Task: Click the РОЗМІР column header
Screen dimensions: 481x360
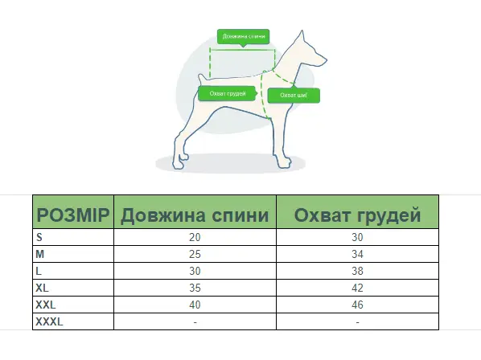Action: pyautogui.click(x=73, y=215)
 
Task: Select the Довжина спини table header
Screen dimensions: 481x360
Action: pyautogui.click(x=195, y=215)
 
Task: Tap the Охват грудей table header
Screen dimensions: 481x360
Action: pyautogui.click(x=357, y=215)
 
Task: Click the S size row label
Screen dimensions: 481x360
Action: pyautogui.click(x=39, y=237)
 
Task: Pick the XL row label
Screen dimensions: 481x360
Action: pyautogui.click(x=42, y=288)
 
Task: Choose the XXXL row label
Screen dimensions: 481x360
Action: pyautogui.click(x=49, y=321)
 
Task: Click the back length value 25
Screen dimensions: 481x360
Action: pyautogui.click(x=195, y=254)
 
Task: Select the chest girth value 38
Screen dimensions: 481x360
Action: pyautogui.click(x=357, y=271)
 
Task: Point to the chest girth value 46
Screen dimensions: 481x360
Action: pyautogui.click(x=357, y=305)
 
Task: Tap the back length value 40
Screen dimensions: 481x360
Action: pyautogui.click(x=195, y=305)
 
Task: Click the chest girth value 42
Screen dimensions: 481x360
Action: pyautogui.click(x=357, y=288)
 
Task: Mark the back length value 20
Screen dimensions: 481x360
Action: pyautogui.click(x=195, y=237)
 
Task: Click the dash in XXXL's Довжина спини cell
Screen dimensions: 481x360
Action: pyautogui.click(x=195, y=322)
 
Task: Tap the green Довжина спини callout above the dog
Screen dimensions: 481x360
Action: pyautogui.click(x=243, y=37)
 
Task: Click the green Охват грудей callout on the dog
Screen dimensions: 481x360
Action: pyautogui.click(x=228, y=93)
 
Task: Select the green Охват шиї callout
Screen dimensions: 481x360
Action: pyautogui.click(x=294, y=96)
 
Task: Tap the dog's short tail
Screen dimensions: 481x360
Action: pyautogui.click(x=202, y=80)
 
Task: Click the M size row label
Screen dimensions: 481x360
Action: pyautogui.click(x=40, y=254)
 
